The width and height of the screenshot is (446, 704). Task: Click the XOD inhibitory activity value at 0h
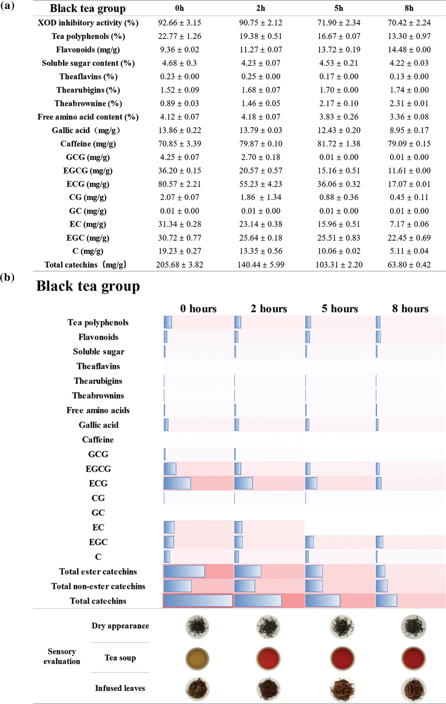tap(180, 23)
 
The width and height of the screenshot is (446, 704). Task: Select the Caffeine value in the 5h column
tap(339, 144)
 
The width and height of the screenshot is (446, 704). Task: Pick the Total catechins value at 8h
tap(409, 265)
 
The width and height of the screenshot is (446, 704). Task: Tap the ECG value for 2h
tap(260, 184)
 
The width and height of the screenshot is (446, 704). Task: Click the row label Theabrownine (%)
tap(88, 104)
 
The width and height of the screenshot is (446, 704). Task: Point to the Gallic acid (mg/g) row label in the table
tap(86, 130)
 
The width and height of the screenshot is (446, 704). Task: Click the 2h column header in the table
tap(260, 8)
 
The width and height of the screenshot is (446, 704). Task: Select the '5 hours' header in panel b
tap(339, 309)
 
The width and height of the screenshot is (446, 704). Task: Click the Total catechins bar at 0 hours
tap(198, 601)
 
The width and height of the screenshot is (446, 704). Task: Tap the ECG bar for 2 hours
tap(244, 484)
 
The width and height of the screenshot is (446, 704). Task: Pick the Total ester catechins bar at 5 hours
tap(314, 571)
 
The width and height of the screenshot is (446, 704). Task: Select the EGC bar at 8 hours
tap(379, 542)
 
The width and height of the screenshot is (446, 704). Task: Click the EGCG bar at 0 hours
tap(170, 469)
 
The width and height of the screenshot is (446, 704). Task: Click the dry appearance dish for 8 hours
tap(413, 627)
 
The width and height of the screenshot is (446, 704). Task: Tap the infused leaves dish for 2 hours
tap(268, 689)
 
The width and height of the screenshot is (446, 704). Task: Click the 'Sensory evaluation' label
tap(62, 656)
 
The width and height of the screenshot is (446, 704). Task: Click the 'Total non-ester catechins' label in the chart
tap(98, 586)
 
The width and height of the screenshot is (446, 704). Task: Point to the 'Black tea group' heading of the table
tap(88, 8)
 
